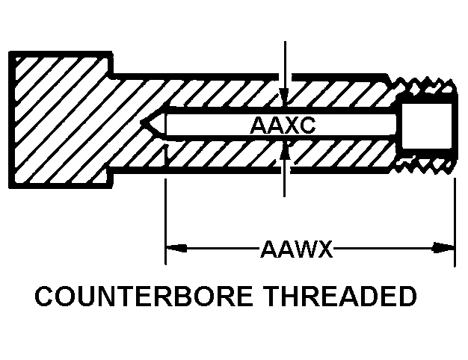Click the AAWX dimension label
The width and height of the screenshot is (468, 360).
tap(296, 248)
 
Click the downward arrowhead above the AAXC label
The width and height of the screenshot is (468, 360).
tap(283, 94)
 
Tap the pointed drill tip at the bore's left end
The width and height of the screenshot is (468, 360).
tap(148, 124)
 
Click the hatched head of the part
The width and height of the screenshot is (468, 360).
tap(60, 120)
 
